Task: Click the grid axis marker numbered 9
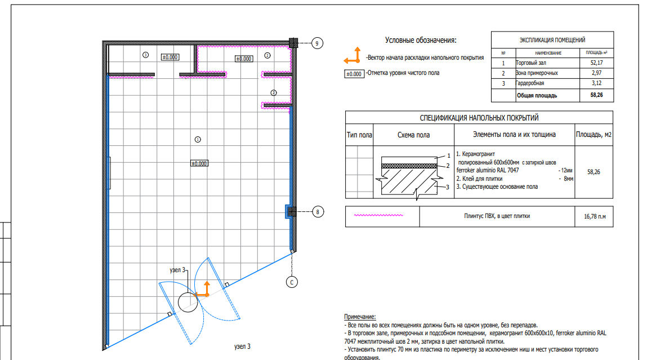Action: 317,43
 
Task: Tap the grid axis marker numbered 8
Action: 318,212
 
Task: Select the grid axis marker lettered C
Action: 292,282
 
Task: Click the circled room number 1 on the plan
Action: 198,140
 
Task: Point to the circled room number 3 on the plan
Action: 145,55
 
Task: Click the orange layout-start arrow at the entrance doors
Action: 203,290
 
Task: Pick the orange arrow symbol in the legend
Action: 352,56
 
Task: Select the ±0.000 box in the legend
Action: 354,74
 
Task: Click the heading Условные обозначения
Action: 421,41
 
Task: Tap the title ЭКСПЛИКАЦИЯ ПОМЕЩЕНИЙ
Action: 552,40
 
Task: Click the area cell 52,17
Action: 596,63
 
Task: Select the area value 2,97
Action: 596,73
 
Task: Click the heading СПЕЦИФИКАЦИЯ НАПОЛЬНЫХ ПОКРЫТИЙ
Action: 479,118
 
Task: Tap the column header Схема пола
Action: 413,135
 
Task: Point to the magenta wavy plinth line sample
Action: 378,215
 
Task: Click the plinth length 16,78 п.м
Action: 595,216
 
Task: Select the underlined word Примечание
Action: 360,317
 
